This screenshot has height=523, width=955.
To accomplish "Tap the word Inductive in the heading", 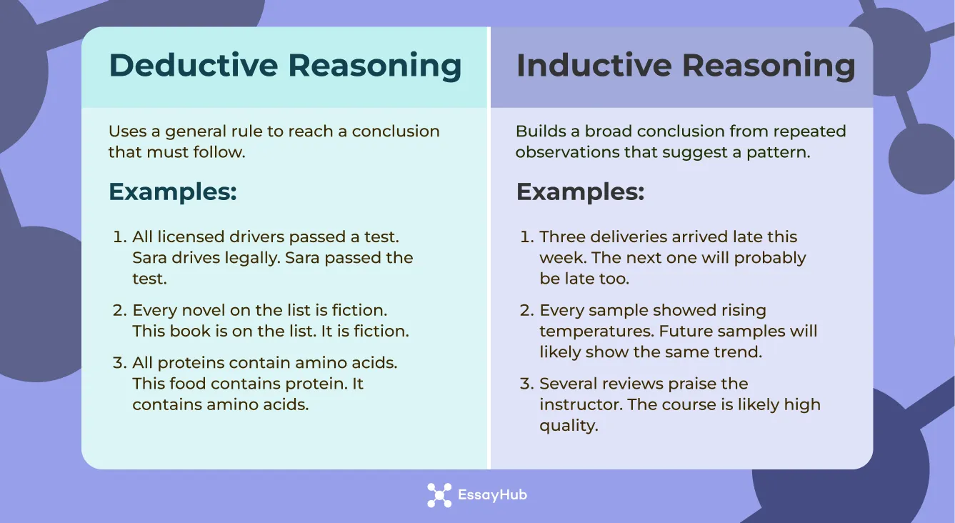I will coord(593,66).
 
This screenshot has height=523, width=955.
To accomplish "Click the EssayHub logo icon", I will coord(439,495).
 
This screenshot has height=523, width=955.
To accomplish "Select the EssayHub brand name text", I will coord(492,495).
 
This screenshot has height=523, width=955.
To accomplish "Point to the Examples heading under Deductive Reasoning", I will coord(172,191).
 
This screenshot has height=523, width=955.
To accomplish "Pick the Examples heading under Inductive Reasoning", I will coord(580,191).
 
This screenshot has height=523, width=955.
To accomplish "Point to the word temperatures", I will coord(596,332).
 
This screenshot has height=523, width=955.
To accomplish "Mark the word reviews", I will coord(622,384).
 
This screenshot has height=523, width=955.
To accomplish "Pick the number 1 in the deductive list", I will coord(118,236).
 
